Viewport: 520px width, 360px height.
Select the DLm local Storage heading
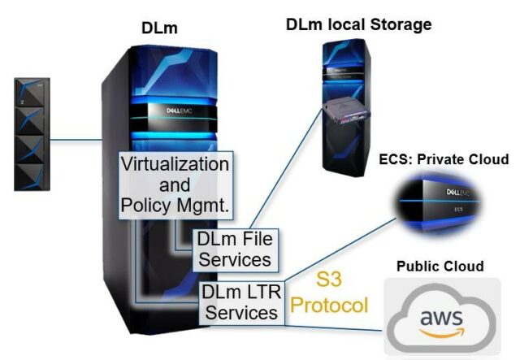click(x=358, y=24)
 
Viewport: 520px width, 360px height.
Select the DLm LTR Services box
click(x=242, y=301)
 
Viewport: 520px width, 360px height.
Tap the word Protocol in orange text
click(x=330, y=306)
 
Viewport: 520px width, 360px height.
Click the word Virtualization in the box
click(x=175, y=163)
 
